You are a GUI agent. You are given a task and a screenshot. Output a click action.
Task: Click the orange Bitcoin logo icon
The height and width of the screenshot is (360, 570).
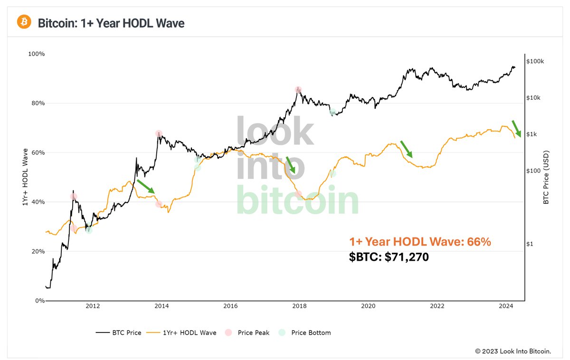click(24, 22)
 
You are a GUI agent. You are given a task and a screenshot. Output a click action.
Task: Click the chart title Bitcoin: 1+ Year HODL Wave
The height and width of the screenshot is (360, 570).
click(111, 22)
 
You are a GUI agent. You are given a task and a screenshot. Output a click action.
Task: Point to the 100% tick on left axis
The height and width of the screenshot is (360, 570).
click(36, 54)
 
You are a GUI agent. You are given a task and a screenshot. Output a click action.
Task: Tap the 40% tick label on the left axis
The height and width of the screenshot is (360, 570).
click(37, 202)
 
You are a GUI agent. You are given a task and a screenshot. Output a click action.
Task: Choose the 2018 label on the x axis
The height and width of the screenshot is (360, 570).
click(299, 307)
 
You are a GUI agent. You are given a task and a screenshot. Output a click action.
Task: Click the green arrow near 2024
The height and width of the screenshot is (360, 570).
click(516, 128)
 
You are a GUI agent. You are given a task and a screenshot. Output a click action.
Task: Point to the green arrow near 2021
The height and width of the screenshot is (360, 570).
click(407, 149)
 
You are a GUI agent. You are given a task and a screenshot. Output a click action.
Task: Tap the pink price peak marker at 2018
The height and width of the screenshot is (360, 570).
click(298, 90)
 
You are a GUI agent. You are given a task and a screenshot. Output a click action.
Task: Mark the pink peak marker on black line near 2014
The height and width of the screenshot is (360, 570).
click(159, 134)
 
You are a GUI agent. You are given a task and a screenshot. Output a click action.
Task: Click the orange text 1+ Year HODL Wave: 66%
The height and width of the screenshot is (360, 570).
click(420, 242)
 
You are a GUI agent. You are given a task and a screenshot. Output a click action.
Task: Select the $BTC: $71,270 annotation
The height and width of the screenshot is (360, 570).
click(389, 258)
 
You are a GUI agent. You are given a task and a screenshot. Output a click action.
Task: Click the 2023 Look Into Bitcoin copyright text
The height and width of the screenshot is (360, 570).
click(513, 351)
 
